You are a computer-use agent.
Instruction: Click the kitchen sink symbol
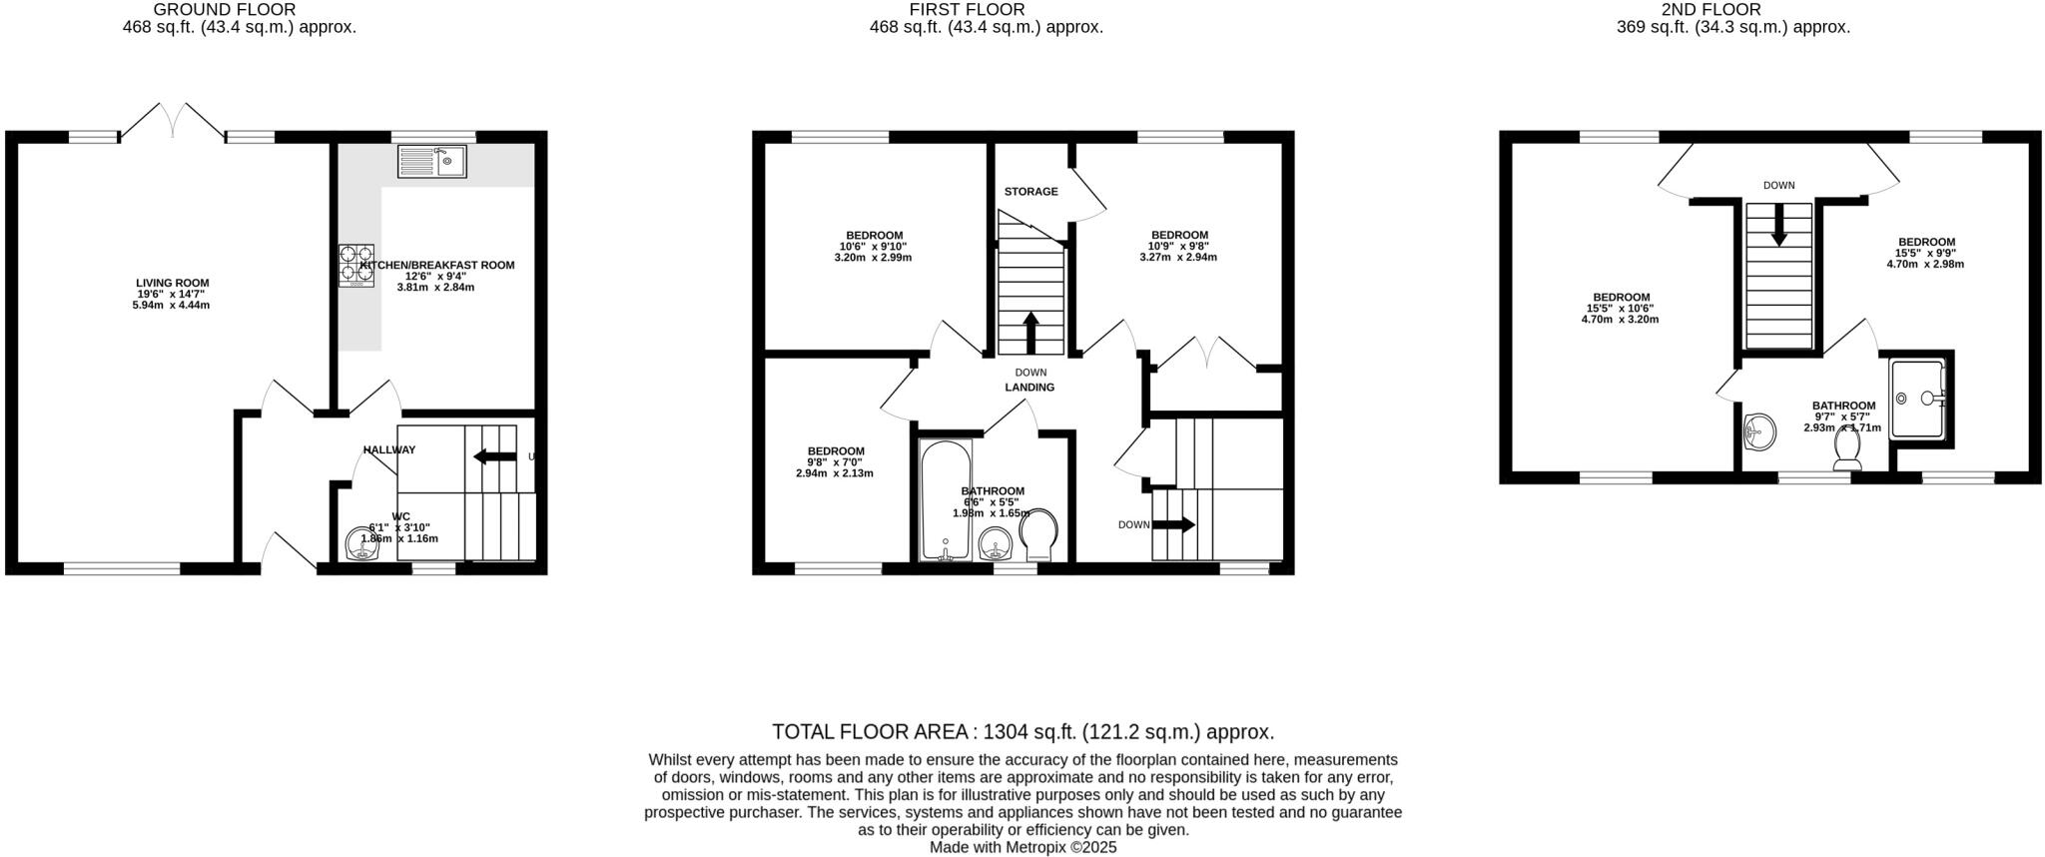pos(431,161)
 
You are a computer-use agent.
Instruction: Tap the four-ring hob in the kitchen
pos(356,265)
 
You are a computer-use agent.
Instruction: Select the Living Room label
pos(172,283)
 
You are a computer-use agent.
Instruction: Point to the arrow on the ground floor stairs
pos(494,456)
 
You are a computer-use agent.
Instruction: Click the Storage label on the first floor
pos(1030,192)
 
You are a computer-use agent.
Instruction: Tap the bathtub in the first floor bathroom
pos(944,498)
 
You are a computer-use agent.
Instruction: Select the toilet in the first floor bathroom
pos(1039,535)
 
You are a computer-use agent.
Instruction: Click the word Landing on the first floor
pos(1029,388)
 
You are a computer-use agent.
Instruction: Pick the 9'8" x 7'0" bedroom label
pos(835,451)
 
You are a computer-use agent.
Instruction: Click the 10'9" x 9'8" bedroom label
pos(1178,236)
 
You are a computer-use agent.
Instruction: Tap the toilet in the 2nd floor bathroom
pos(1846,451)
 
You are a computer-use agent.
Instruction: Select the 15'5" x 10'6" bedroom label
pos(1621,298)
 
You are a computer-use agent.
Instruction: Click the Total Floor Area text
pos(1022,732)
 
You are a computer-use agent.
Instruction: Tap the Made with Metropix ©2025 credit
pos(1022,847)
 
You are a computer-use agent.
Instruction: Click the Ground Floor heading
pos(224,10)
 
